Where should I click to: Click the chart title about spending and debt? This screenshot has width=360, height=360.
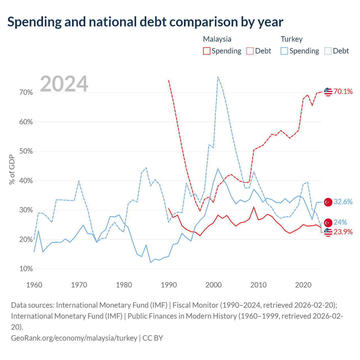click(145, 22)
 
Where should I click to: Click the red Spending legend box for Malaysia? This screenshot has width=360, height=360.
click(206, 51)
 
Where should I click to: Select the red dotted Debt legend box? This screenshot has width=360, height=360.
click(250, 51)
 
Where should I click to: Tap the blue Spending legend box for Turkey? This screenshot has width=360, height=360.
click(284, 51)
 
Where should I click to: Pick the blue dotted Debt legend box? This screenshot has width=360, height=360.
click(328, 51)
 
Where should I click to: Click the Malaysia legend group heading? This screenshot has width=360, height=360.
click(217, 39)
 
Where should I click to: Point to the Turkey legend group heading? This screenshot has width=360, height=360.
click(291, 39)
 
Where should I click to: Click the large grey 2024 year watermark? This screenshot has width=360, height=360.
click(64, 84)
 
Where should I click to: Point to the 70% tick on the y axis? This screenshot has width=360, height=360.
click(26, 92)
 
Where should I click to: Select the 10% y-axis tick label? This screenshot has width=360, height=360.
click(26, 269)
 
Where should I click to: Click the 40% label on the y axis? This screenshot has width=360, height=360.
click(26, 181)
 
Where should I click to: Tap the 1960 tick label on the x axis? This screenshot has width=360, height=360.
click(34, 285)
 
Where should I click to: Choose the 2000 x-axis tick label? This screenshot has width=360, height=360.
click(213, 285)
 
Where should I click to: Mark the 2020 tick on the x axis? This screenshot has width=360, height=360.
click(303, 285)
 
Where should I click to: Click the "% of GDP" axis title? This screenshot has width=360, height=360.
click(12, 169)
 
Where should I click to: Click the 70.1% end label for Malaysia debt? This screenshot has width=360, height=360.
click(343, 91)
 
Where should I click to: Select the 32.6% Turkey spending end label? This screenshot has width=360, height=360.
click(343, 202)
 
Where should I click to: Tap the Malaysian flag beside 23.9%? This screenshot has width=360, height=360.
click(328, 232)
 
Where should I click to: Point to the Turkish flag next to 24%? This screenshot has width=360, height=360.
click(328, 223)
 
